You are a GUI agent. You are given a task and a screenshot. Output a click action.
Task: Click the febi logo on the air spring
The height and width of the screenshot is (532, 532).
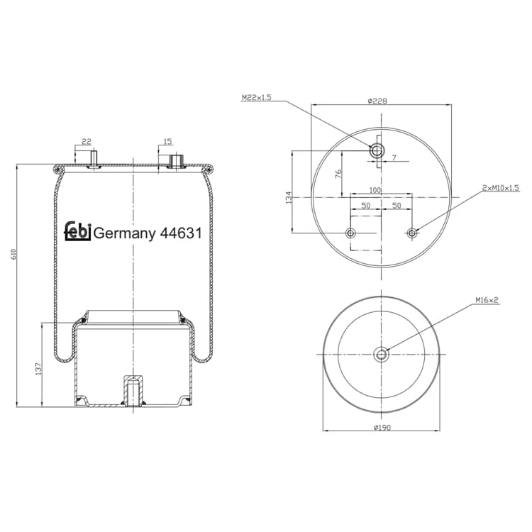point(78,231)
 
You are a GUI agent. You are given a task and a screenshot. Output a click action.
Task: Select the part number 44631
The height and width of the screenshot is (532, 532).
point(181,233)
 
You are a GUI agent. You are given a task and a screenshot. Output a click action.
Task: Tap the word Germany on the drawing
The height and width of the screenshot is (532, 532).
point(124,234)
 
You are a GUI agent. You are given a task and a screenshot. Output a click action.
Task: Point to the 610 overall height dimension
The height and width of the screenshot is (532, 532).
point(13,254)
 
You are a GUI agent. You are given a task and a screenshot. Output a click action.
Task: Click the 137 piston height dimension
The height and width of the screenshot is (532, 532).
point(38,369)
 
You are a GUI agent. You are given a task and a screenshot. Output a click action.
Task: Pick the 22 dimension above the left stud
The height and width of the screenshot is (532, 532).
point(87,141)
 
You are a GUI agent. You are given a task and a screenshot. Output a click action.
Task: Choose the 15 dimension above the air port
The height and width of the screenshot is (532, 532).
point(167,141)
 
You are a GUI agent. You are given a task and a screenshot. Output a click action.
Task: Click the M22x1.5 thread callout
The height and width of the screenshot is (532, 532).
point(257,98)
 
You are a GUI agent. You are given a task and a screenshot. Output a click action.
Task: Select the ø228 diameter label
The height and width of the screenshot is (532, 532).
point(377,101)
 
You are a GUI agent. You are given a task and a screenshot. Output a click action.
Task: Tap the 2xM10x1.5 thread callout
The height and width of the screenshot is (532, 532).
point(501,188)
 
